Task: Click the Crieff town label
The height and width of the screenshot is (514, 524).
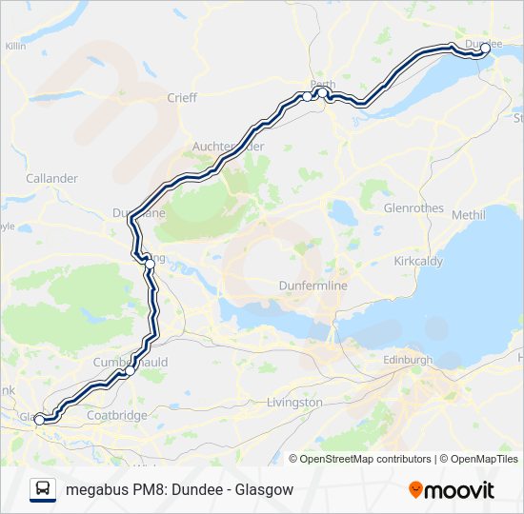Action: [181, 97]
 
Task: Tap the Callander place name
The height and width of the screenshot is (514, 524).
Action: [51, 178]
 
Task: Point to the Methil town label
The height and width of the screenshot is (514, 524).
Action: [469, 215]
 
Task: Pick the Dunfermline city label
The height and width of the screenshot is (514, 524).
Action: [312, 286]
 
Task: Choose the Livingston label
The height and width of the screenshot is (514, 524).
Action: [295, 403]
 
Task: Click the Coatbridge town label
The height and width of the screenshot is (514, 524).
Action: [113, 415]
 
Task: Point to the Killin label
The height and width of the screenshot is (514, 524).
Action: [15, 46]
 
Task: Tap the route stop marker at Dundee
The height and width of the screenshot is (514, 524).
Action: [485, 47]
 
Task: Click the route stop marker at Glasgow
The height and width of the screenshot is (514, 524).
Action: [39, 417]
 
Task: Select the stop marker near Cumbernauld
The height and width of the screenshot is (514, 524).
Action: [125, 373]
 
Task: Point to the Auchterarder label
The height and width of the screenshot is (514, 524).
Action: [228, 147]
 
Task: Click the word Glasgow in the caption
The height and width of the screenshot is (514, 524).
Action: [263, 489]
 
